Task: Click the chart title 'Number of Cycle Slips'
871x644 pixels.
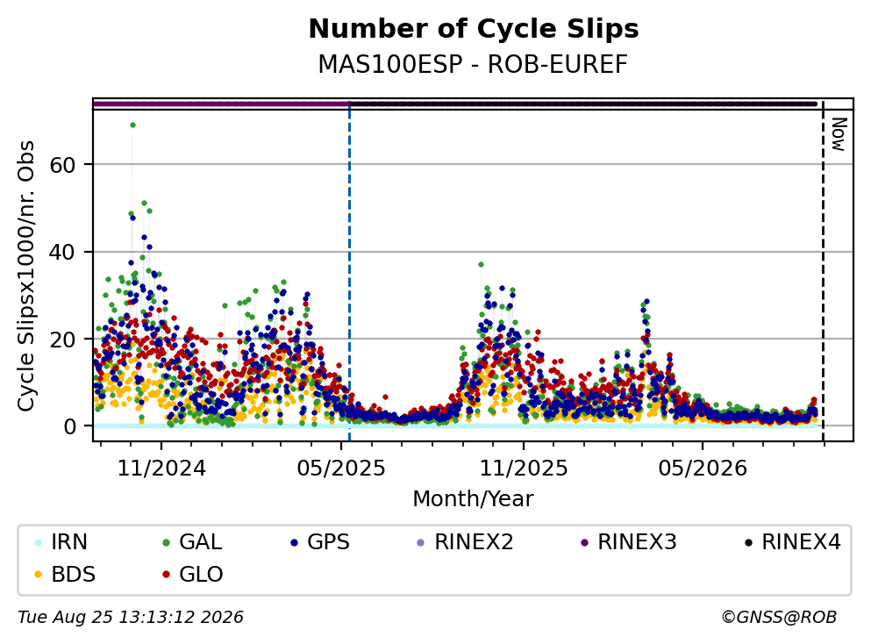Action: [474, 29]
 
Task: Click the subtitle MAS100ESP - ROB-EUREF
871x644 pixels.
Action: [473, 64]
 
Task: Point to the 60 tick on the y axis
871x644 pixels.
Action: [62, 164]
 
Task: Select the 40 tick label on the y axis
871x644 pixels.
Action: [62, 252]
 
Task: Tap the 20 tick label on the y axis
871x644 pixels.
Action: [62, 339]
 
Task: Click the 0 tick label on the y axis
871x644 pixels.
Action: [69, 426]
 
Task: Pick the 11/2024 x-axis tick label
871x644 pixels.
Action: [161, 469]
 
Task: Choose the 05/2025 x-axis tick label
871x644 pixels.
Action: [341, 469]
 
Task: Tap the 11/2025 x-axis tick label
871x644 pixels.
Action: [524, 469]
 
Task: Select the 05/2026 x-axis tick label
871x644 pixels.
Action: [703, 469]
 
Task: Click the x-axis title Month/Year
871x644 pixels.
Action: [473, 499]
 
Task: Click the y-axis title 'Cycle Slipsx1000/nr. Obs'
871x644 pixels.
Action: [26, 276]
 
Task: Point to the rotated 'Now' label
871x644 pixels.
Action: [839, 134]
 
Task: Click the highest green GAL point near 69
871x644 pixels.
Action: [132, 125]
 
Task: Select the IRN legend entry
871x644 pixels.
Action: [61, 541]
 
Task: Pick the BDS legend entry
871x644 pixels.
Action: [64, 574]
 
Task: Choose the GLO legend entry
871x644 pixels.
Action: [192, 574]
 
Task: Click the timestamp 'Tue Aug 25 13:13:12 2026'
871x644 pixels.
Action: [131, 618]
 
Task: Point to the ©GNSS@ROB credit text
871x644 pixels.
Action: [779, 618]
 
